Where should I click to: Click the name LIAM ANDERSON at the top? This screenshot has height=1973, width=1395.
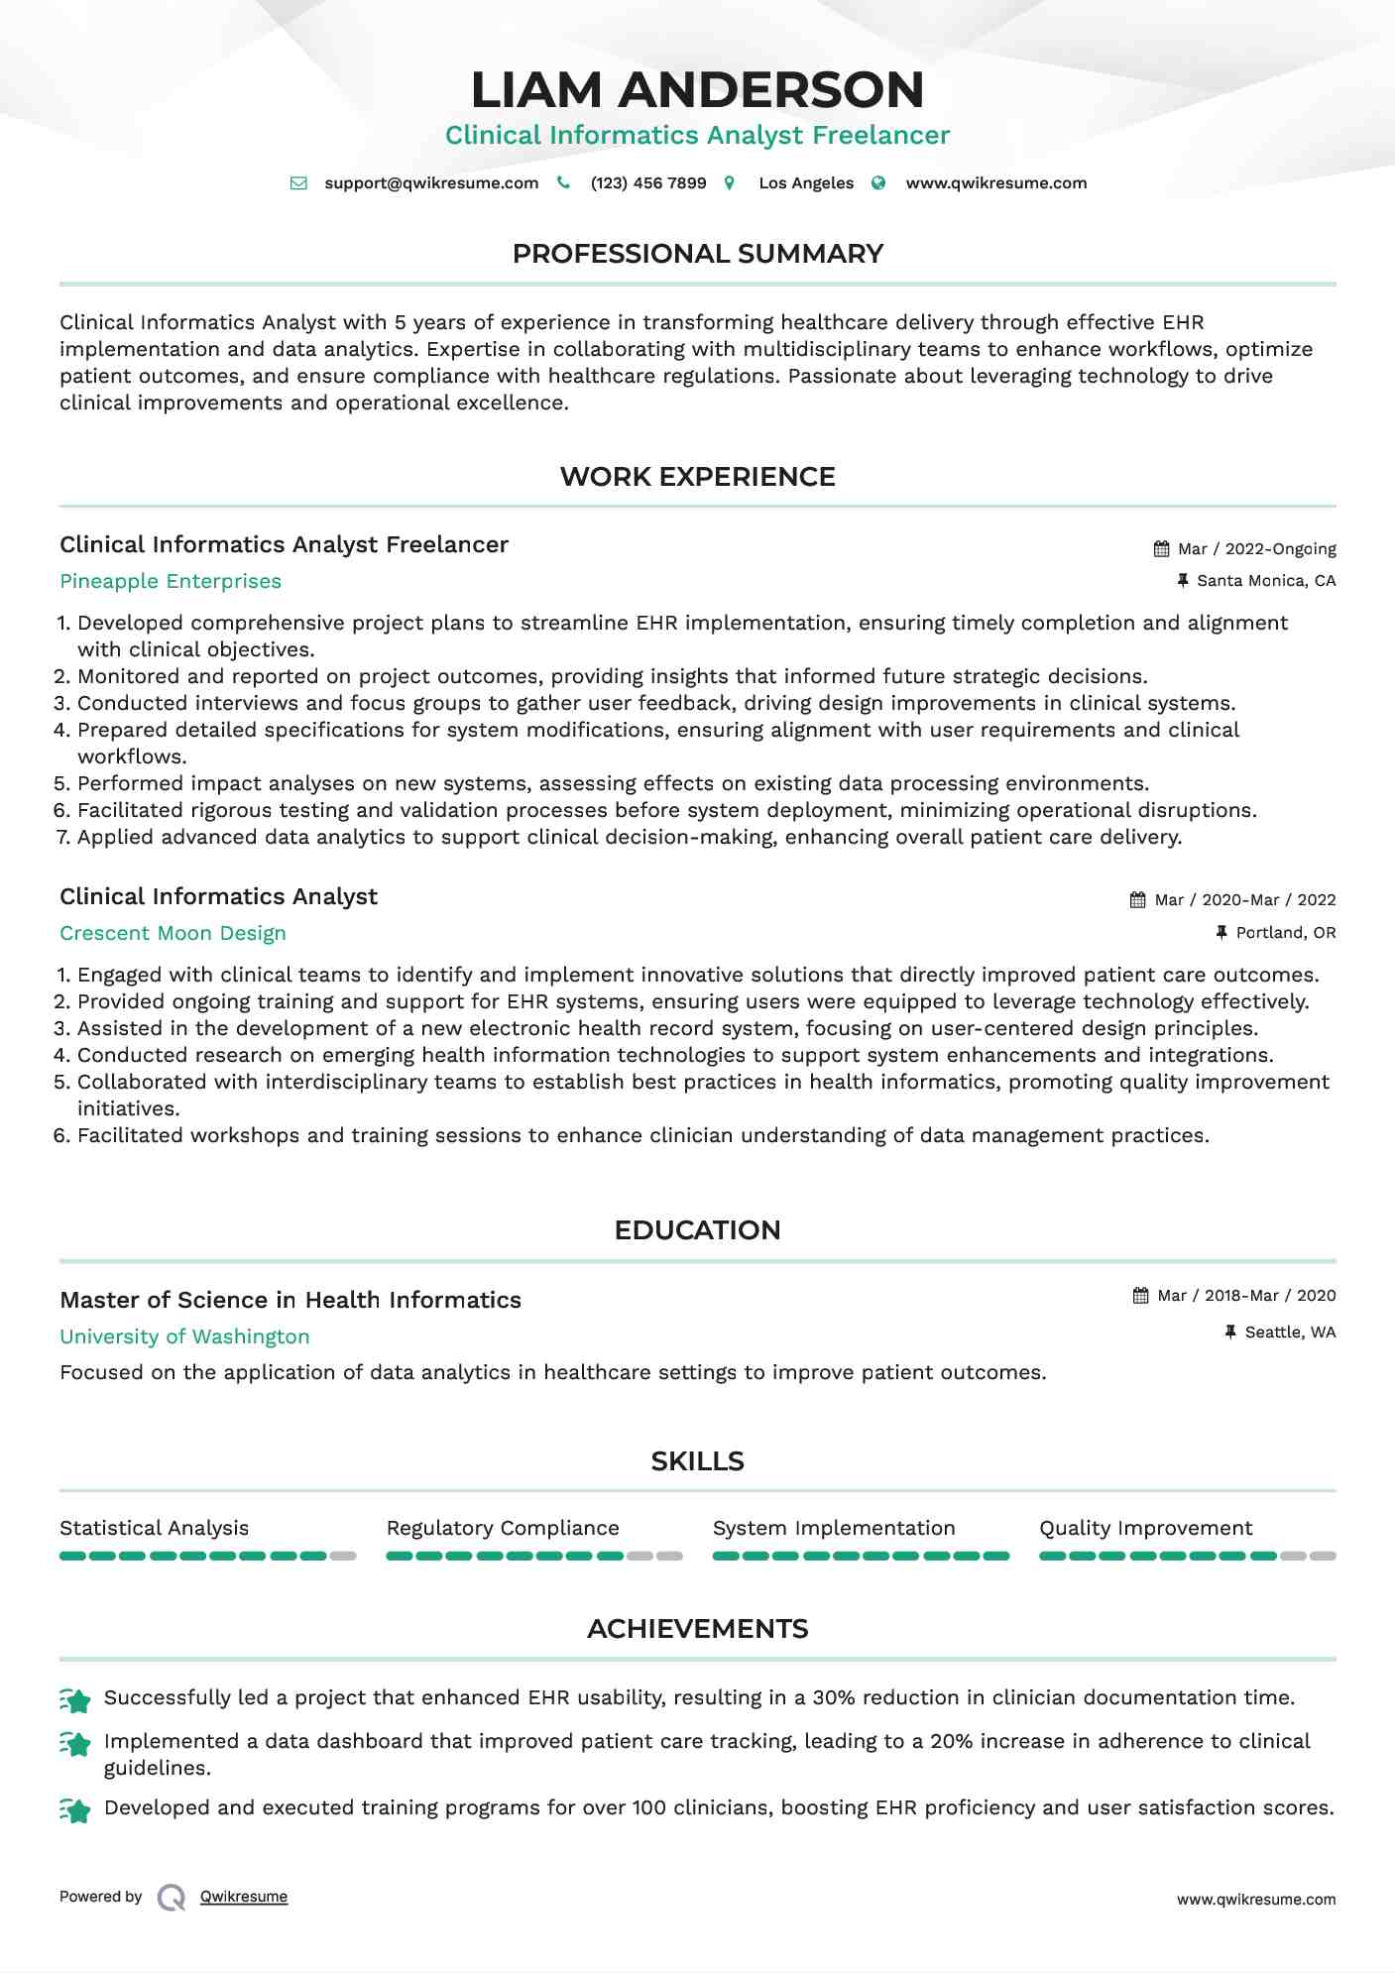coord(697,89)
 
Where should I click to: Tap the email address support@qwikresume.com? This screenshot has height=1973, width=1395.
coord(431,183)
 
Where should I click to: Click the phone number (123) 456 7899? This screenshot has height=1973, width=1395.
coord(648,183)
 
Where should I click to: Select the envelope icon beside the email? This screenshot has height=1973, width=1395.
coord(298,183)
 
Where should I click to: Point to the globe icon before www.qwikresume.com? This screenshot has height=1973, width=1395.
coord(878,183)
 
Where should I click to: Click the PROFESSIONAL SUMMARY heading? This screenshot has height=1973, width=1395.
coord(697,254)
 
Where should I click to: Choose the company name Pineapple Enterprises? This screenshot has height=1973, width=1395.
coord(171,582)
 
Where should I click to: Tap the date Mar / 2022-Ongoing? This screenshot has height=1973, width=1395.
coord(1256,549)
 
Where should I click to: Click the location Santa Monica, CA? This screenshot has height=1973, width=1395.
coord(1266,581)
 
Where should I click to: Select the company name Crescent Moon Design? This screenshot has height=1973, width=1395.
coord(173,934)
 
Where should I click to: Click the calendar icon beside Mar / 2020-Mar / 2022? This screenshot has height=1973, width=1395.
coord(1138,900)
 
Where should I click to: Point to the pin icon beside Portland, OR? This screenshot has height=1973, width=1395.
coord(1221,933)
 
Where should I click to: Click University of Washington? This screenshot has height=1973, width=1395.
coord(184,1337)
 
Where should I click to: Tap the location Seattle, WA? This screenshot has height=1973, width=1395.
coord(1290,1333)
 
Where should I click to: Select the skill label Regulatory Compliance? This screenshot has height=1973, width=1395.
coord(503,1529)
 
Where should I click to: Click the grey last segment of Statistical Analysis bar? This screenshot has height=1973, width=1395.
coord(343,1557)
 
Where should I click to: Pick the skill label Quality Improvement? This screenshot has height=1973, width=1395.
coord(1145,1529)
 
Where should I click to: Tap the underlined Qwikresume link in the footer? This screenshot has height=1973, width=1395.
coord(244,1897)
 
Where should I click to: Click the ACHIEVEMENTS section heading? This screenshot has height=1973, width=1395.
coord(697,1629)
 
